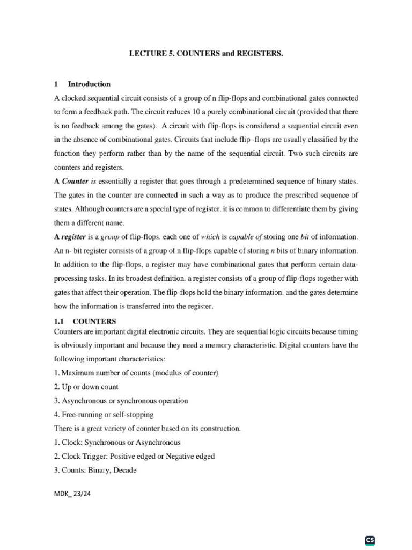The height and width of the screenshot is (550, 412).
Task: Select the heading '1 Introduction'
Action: point(83,84)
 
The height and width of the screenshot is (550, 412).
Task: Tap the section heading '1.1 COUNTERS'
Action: point(85,322)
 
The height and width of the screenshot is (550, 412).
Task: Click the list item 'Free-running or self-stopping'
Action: point(104,415)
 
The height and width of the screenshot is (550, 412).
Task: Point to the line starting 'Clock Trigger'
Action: point(135,457)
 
